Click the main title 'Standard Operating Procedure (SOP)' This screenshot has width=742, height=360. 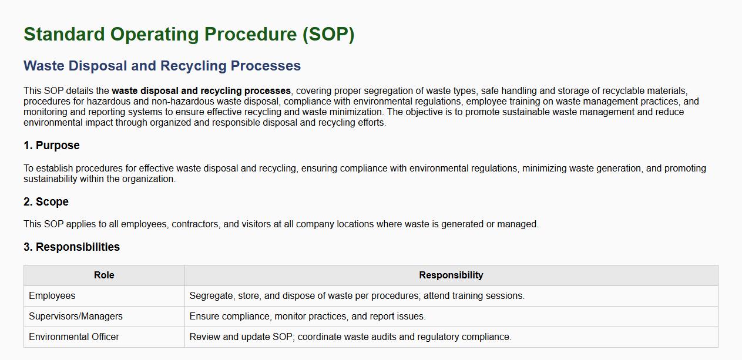pos(189,34)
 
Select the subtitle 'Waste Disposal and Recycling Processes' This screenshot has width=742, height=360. pos(162,66)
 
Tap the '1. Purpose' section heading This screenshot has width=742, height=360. pos(51,146)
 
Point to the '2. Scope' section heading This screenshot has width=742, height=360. pos(46,201)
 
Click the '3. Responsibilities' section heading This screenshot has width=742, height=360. pos(72,247)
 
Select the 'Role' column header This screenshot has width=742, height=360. pos(104,275)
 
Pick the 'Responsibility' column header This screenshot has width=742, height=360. pos(451,275)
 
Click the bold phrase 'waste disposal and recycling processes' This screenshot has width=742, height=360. pos(202,91)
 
